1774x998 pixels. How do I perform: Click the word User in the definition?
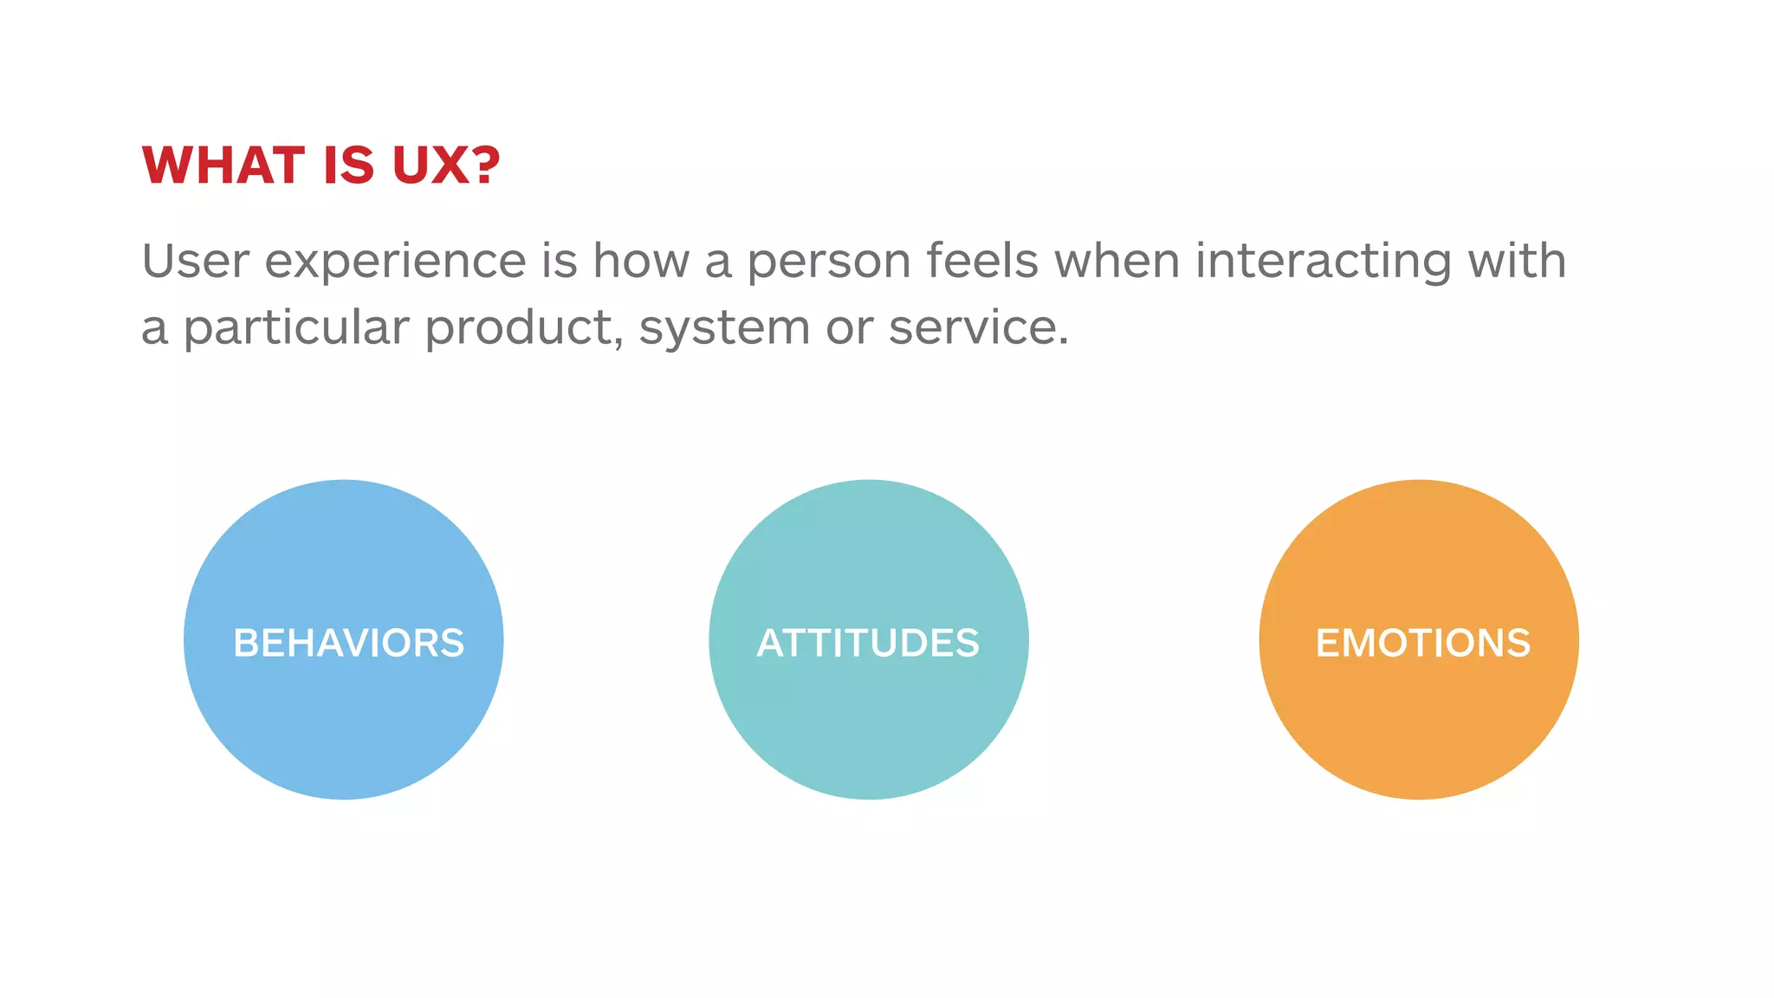(196, 261)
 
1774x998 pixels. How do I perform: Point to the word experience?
(395, 262)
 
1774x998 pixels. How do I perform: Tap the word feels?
(982, 261)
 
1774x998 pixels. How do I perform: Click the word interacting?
(1323, 262)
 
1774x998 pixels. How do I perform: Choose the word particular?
(296, 328)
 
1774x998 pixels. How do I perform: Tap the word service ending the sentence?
(978, 328)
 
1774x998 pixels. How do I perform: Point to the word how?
(641, 261)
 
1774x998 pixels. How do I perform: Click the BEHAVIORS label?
(348, 643)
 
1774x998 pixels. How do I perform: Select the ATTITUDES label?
(868, 643)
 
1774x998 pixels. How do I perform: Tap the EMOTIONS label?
(1422, 643)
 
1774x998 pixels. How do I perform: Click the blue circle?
(343, 736)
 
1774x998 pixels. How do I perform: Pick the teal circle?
(868, 736)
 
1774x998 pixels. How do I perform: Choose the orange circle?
(1418, 736)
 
